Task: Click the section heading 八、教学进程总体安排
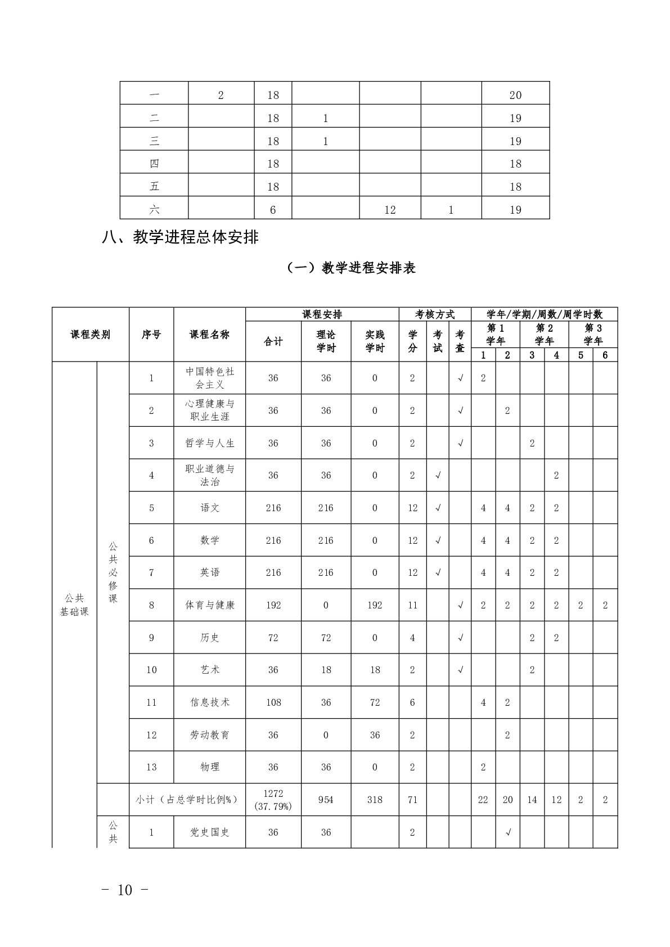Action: click(x=180, y=237)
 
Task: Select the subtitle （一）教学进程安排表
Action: click(x=351, y=268)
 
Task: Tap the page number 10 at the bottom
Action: click(x=125, y=890)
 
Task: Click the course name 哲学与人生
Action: click(x=210, y=443)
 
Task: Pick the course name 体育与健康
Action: click(x=210, y=605)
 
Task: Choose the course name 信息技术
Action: click(x=210, y=702)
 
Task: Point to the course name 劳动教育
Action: click(x=210, y=735)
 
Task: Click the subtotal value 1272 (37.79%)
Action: click(x=273, y=800)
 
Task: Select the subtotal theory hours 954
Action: click(x=326, y=800)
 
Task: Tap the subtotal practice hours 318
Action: click(x=375, y=800)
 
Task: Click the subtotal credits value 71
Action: click(x=412, y=800)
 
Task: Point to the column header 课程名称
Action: click(x=209, y=335)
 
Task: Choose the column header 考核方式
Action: click(x=435, y=314)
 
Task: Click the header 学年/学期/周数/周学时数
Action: click(x=544, y=314)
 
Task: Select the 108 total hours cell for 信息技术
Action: click(x=273, y=702)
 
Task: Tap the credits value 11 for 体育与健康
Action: click(x=412, y=605)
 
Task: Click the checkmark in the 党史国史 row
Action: click(x=507, y=832)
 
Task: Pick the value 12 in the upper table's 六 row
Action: click(x=390, y=210)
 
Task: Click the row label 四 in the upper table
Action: click(x=154, y=164)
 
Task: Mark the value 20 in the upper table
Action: click(x=515, y=95)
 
